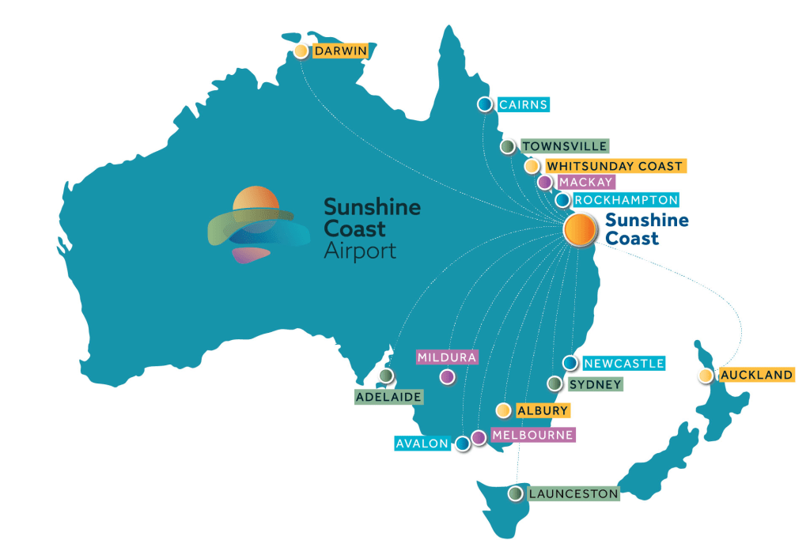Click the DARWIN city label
point(340,51)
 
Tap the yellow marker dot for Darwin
point(301,51)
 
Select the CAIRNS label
point(523,104)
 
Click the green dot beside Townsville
point(508,146)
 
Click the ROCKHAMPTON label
point(626,200)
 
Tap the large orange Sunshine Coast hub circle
point(580,228)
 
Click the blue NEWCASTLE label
point(623,364)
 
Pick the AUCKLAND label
point(755,375)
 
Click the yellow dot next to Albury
point(502,410)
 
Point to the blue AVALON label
point(422,444)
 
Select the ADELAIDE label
point(389,396)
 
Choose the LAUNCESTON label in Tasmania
point(573,494)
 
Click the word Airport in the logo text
point(360,251)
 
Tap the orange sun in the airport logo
point(255,204)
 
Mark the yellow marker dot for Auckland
point(706,376)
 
